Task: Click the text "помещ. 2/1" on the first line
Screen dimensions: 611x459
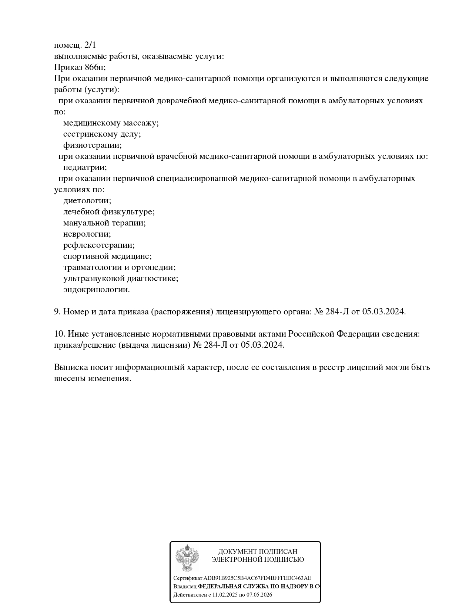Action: coord(75,45)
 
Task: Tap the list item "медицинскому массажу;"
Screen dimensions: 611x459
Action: coord(111,123)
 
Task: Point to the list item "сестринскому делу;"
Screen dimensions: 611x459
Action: coord(102,134)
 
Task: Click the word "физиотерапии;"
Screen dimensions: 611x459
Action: coord(92,145)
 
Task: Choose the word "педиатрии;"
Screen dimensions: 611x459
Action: coord(85,167)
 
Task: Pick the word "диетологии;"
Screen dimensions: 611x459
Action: coord(87,201)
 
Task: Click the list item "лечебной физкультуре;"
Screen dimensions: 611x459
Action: coord(108,212)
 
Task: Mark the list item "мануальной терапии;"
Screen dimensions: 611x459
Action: coord(104,223)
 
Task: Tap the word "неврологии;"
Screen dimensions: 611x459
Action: coord(87,234)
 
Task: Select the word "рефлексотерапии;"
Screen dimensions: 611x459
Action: coord(99,245)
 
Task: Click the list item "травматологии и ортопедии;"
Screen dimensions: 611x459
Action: coord(119,267)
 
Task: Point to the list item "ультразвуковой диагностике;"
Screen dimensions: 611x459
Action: coord(121,278)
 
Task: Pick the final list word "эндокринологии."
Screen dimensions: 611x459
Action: coord(96,290)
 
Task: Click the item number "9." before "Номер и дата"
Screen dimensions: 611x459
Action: coord(57,312)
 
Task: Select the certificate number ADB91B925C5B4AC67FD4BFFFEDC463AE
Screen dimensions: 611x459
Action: coord(257,578)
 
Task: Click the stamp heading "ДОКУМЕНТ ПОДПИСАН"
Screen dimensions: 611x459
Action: coord(258,552)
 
